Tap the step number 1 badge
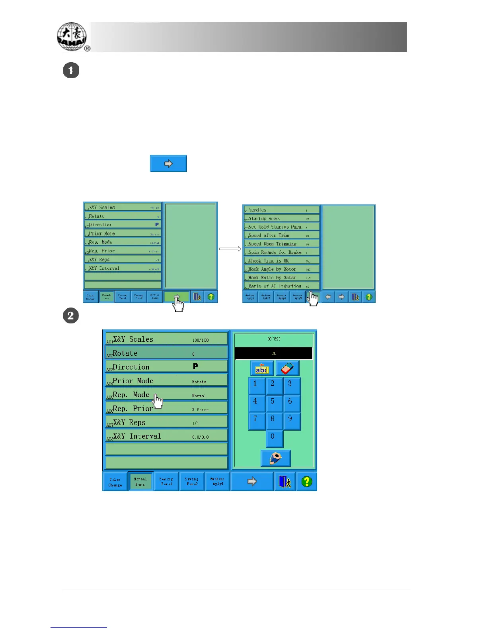[x=71, y=71]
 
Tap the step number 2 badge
[x=71, y=316]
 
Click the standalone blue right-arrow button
[x=168, y=164]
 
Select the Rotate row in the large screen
[x=166, y=353]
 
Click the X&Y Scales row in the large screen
[x=166, y=339]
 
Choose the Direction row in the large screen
[x=166, y=366]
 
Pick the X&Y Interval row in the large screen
[x=166, y=436]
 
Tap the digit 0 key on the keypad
[x=273, y=437]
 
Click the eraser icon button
[x=287, y=368]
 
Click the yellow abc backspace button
[x=261, y=368]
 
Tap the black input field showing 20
[x=274, y=353]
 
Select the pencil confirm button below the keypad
[x=275, y=458]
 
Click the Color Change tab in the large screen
[x=115, y=482]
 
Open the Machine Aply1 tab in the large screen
[x=218, y=482]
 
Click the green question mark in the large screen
[x=306, y=482]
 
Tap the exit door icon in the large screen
[x=285, y=482]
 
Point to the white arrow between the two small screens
[x=230, y=249]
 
